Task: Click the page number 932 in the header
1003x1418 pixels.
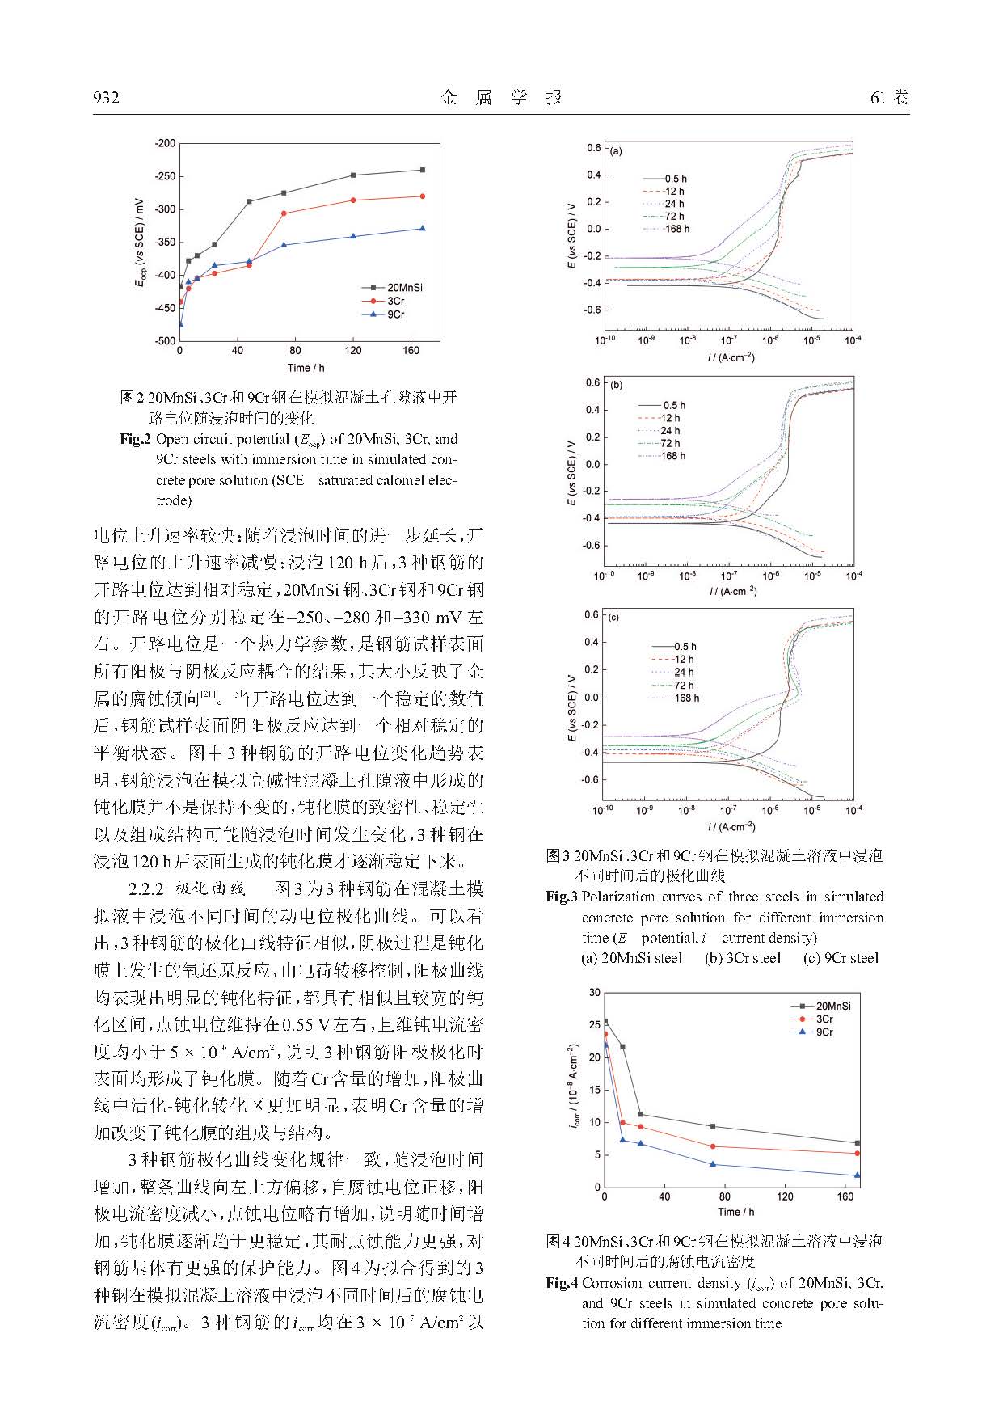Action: coord(106,98)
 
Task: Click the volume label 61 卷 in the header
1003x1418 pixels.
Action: coord(890,98)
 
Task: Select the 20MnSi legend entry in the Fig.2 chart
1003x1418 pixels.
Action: coord(404,287)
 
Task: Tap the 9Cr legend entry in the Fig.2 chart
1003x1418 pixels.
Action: coord(395,314)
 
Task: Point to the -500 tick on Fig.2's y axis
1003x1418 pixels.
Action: coord(165,341)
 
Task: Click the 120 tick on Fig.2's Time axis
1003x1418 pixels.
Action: coord(353,351)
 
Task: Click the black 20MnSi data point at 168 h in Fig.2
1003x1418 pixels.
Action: coord(422,170)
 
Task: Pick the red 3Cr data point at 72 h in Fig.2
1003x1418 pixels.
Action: coord(284,213)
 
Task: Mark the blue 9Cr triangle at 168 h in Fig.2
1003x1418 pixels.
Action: coord(422,229)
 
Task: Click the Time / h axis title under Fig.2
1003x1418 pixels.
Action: coord(306,368)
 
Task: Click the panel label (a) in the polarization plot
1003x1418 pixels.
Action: coord(616,151)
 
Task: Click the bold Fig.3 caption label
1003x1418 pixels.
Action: coord(562,897)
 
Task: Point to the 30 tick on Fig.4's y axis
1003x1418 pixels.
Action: coord(595,992)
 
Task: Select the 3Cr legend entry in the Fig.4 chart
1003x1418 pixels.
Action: coord(824,1019)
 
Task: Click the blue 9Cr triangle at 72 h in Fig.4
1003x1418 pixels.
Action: coord(713,1164)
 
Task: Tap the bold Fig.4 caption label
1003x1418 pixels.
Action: coord(562,1283)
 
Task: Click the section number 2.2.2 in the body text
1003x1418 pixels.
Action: coord(147,889)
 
